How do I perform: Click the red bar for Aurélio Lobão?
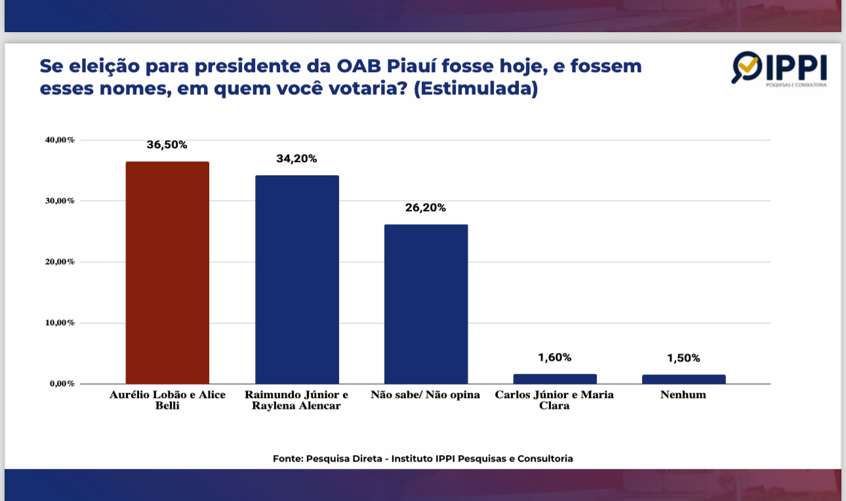coord(167,273)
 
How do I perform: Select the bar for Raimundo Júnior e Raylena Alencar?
coord(297,279)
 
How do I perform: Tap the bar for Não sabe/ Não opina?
coord(426,304)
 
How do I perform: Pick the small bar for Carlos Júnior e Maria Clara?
coord(555,378)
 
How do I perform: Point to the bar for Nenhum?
coord(683,379)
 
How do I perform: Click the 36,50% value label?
coord(167,145)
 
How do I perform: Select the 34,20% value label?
coord(296,159)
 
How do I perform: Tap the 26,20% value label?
coord(426,208)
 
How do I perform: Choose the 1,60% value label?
coord(554,357)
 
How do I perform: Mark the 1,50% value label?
coord(683,358)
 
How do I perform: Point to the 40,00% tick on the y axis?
coord(60,140)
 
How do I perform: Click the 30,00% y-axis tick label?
coord(60,201)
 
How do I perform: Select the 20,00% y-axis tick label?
coord(60,262)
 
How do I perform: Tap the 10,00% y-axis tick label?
coord(60,323)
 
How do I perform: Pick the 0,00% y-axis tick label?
coord(62,384)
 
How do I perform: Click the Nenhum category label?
coord(683,395)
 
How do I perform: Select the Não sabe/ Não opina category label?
coord(425,395)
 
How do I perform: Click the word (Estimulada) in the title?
coord(476,89)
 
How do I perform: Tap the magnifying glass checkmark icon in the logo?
coord(746,67)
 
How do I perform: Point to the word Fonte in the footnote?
coord(288,459)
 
